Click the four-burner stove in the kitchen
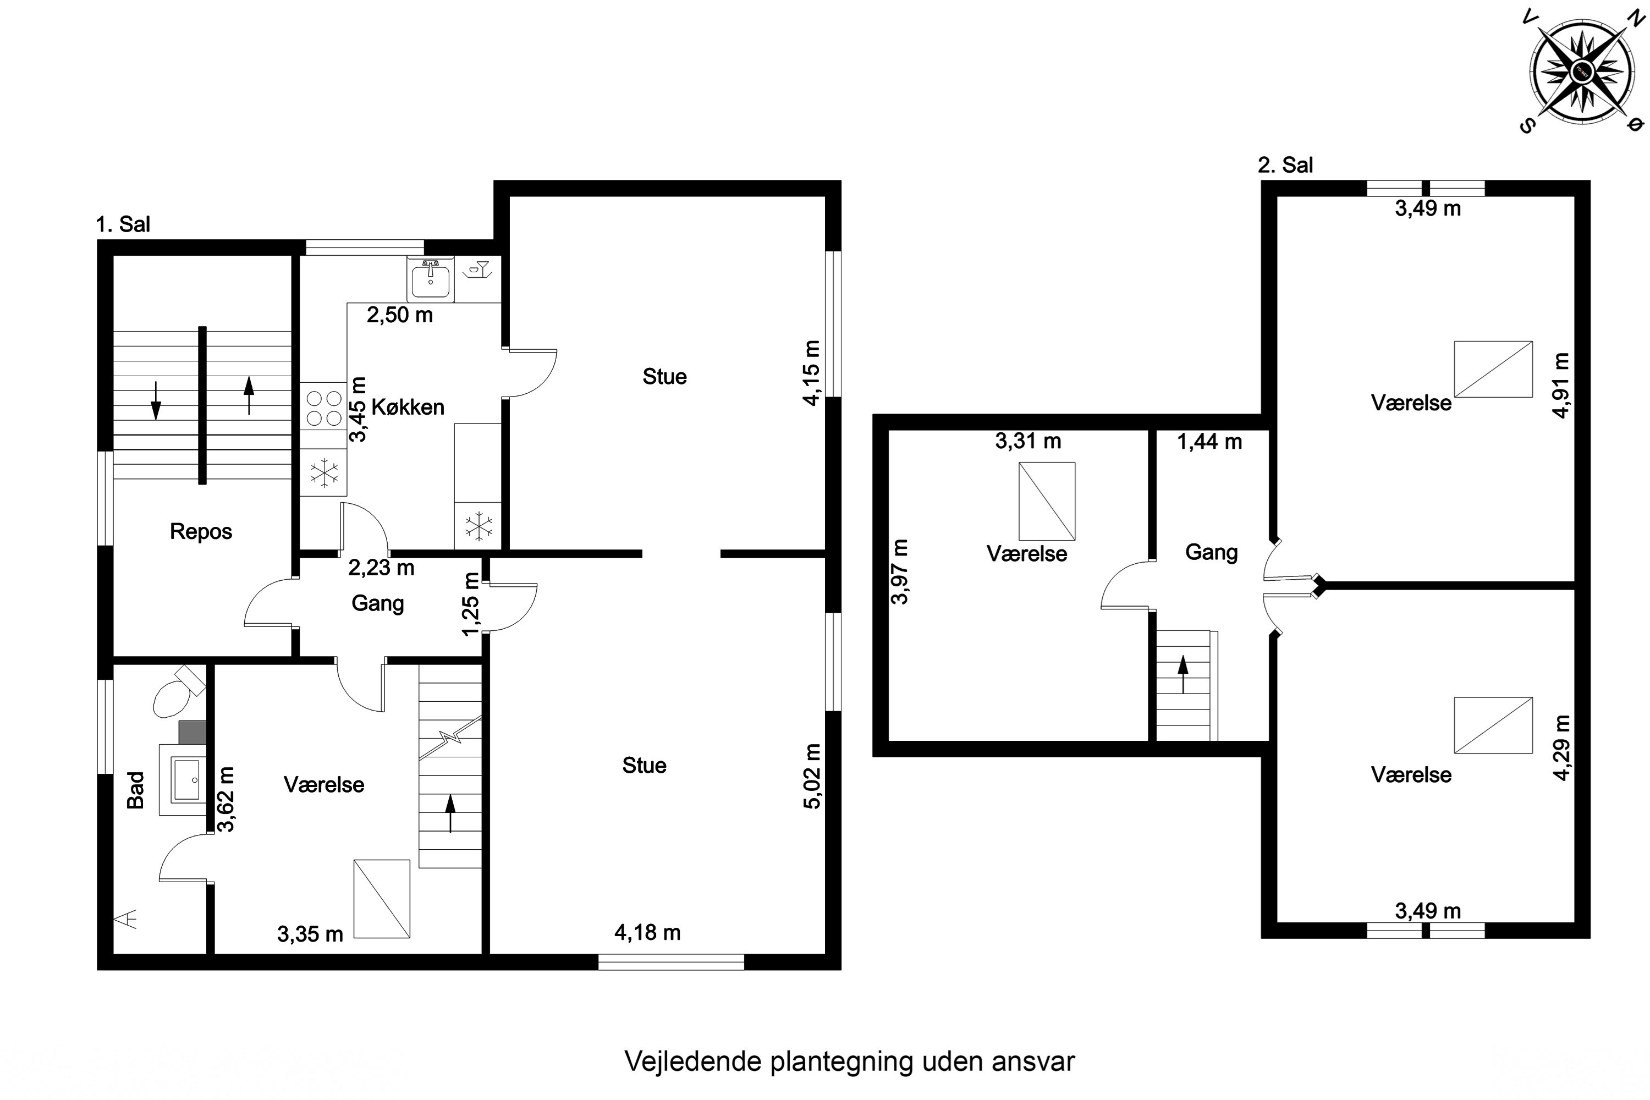click(323, 407)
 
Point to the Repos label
click(201, 532)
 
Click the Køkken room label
click(408, 408)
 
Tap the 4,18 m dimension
click(647, 932)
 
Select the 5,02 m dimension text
click(812, 777)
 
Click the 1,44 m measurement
click(1209, 442)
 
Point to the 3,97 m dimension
click(899, 572)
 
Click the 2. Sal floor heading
click(1284, 166)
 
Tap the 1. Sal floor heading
click(123, 224)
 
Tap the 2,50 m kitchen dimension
click(399, 315)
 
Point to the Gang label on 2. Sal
click(1211, 552)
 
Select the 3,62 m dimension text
click(226, 799)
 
